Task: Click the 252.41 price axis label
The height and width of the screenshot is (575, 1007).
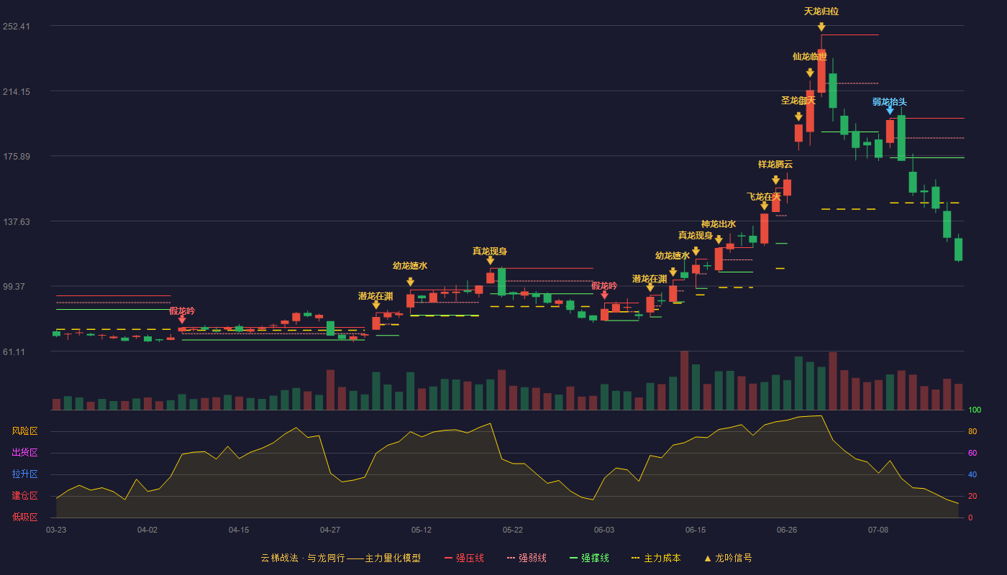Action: pyautogui.click(x=17, y=27)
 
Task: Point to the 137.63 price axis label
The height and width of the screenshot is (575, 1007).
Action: pyautogui.click(x=17, y=222)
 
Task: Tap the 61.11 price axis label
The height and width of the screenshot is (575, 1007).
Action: pyautogui.click(x=14, y=351)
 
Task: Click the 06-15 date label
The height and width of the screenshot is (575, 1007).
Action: pyautogui.click(x=696, y=530)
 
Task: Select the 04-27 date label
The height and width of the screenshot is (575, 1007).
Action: pyautogui.click(x=330, y=530)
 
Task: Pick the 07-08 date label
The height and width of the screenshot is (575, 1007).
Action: pyautogui.click(x=878, y=530)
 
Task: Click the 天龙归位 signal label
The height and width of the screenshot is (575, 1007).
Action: pyautogui.click(x=821, y=11)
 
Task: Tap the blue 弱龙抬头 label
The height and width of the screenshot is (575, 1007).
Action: pyautogui.click(x=890, y=101)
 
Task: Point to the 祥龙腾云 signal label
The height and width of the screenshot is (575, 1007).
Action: pyautogui.click(x=775, y=165)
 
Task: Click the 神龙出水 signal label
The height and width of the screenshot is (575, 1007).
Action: pyautogui.click(x=719, y=224)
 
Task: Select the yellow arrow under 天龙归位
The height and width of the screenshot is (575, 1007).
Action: pyautogui.click(x=821, y=27)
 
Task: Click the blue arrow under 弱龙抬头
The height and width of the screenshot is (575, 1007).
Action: pyautogui.click(x=890, y=111)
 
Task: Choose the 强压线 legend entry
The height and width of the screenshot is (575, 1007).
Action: pyautogui.click(x=464, y=558)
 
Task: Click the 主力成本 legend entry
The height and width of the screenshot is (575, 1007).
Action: pyautogui.click(x=656, y=558)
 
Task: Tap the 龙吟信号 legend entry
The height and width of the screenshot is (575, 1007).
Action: pyautogui.click(x=728, y=558)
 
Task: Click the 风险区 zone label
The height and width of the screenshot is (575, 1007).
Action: pyautogui.click(x=24, y=431)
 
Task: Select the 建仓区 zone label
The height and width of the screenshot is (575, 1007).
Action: pyautogui.click(x=24, y=496)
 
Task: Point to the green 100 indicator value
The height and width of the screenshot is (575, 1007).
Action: pyautogui.click(x=975, y=410)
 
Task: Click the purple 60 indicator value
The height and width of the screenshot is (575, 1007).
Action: pyautogui.click(x=972, y=453)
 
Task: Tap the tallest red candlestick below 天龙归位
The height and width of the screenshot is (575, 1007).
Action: pyautogui.click(x=821, y=71)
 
